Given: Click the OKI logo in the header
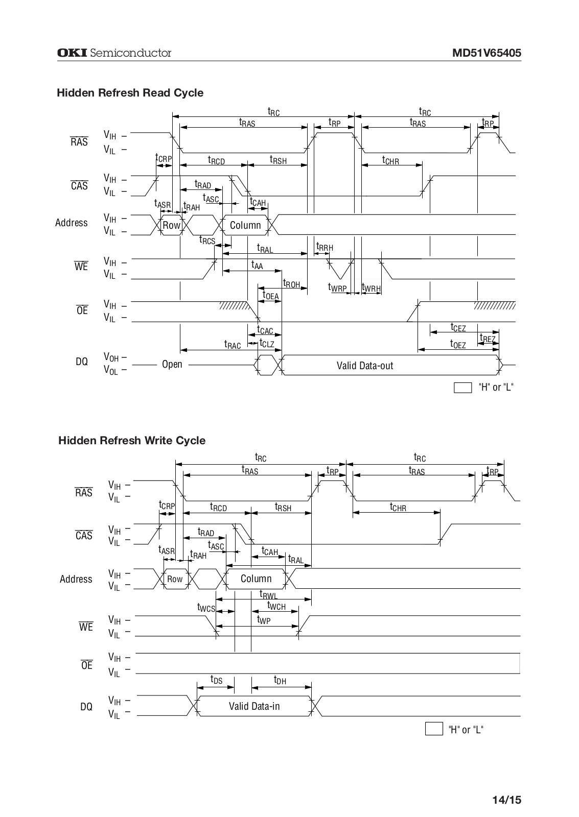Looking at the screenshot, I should pos(72,53).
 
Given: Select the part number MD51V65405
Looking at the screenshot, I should pos(487,53).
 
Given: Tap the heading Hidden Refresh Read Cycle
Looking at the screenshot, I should pos(130,93).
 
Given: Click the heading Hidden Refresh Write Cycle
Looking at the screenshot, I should pos(132,441).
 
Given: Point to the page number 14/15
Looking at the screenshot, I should pos(507,800).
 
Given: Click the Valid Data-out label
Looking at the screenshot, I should pos(365,366).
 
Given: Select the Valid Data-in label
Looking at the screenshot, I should pos(254,706).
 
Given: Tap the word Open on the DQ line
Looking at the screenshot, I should pos(172,364).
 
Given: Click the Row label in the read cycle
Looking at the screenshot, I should pos(171,225).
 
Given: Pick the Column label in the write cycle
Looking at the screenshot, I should pos(256,579).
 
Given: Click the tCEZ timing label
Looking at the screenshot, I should pos(458,327).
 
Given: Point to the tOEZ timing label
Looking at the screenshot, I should pos(458,345).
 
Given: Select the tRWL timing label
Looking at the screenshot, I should pos(268,595).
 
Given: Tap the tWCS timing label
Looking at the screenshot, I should pos(206,608).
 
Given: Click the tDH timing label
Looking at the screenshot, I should pos(280,680).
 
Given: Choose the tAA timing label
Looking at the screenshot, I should pos(257,265).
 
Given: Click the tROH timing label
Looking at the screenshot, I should pos(291,284).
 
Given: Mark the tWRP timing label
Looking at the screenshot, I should pos(337,288).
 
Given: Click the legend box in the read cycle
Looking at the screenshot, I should pos(462,388).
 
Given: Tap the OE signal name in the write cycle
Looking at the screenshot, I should pos(87,665).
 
